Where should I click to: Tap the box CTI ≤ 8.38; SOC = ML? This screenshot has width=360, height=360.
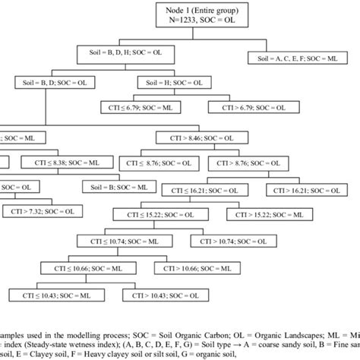pos(68,162)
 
